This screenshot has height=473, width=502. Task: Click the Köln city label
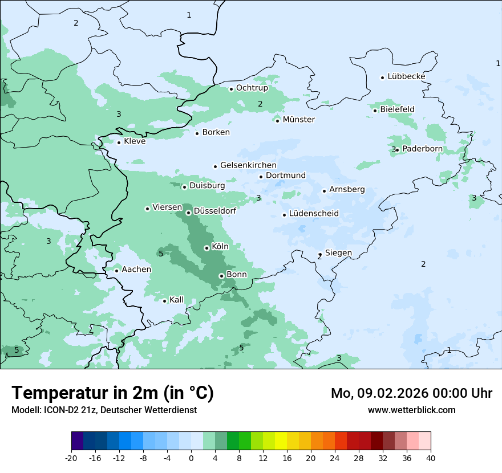pos(220,247)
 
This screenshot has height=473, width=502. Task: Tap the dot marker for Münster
pos(278,120)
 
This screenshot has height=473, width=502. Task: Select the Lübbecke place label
pos(406,76)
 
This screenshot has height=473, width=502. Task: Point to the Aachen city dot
pos(116,271)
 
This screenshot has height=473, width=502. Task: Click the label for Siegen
pos(338,253)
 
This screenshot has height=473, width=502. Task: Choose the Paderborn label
pos(422,149)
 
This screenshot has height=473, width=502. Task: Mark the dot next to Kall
pos(165,301)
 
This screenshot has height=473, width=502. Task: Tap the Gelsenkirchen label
pos(248,165)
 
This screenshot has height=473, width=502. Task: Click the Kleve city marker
pos(119,142)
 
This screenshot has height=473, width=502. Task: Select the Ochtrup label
pos(252,88)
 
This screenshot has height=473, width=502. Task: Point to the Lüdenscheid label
pos(314,214)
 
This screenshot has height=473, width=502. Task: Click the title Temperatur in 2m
pos(113,393)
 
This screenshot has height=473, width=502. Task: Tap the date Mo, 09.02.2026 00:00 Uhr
pos(411,393)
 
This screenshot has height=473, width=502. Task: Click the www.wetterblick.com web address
pos(411,410)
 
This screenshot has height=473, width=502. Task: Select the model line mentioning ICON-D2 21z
pos(104,410)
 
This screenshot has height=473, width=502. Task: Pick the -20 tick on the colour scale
pos(71,458)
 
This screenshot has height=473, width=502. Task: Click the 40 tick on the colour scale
pos(431,458)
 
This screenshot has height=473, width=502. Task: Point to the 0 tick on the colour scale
pos(191,458)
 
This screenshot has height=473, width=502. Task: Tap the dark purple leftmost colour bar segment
pos(78,441)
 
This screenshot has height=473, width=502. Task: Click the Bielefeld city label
pos(397,109)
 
